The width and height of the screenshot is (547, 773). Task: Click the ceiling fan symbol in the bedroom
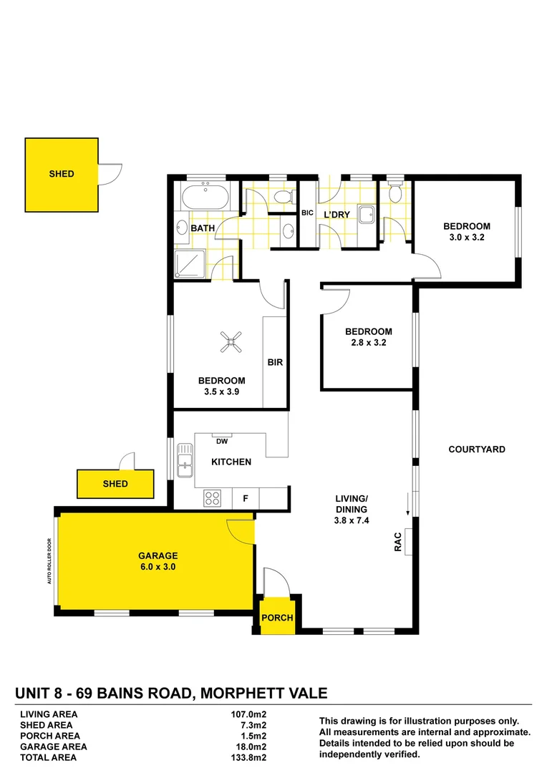231,342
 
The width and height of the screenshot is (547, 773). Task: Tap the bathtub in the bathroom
205,198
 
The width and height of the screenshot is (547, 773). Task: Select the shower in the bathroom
190,265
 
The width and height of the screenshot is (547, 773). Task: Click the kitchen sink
185,460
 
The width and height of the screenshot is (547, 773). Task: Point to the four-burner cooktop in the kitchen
213,498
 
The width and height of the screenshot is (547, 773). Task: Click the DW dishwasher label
222,441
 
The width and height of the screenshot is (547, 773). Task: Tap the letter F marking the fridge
246,498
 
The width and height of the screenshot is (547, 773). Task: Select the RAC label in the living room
398,542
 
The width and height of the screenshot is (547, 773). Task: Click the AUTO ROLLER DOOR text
49,561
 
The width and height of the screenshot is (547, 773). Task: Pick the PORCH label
277,618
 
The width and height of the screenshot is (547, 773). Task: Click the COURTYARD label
477,449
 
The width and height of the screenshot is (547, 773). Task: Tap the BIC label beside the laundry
307,213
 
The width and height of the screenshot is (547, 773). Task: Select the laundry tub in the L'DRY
366,215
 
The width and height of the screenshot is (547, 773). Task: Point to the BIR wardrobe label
275,362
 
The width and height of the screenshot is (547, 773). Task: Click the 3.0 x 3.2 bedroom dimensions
467,237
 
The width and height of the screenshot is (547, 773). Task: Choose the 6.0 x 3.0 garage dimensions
158,567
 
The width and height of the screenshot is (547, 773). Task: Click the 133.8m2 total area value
248,758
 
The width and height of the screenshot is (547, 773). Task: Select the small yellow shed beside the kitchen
115,484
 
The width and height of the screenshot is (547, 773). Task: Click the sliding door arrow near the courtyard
408,504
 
